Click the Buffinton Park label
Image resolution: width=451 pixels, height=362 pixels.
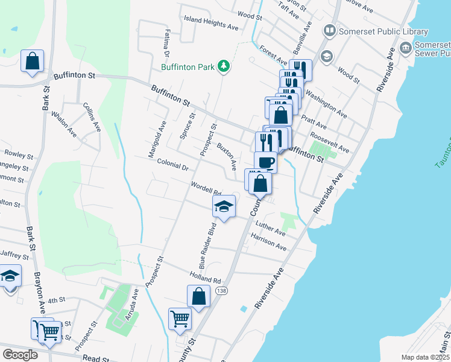(187, 67)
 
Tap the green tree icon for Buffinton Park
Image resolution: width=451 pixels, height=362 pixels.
(224, 65)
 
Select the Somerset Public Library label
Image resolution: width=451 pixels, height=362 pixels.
(383, 31)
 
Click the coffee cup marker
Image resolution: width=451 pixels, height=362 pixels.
(265, 162)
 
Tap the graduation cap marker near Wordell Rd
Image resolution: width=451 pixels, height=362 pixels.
(224, 207)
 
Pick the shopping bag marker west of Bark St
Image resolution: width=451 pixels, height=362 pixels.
(32, 62)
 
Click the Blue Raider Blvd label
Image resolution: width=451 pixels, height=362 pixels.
(206, 247)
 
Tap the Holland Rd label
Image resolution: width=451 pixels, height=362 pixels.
(204, 279)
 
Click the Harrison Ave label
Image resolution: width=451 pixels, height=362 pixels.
(269, 243)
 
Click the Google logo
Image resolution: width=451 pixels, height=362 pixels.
(20, 355)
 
